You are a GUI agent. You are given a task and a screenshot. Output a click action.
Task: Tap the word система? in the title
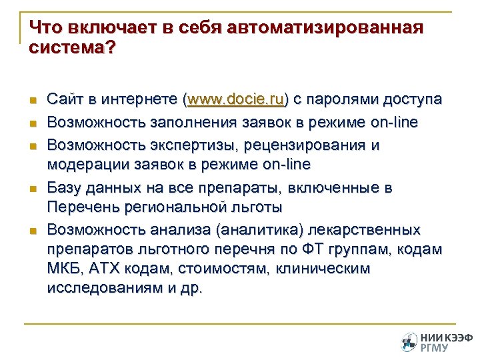[72, 49]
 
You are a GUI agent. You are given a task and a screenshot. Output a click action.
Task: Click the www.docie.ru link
[236, 100]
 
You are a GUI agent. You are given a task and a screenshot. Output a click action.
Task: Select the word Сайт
[65, 100]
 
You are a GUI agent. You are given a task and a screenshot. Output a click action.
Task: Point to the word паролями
[344, 100]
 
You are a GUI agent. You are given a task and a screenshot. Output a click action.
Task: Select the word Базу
[65, 188]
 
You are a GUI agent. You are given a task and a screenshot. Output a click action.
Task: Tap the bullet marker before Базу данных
[31, 189]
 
